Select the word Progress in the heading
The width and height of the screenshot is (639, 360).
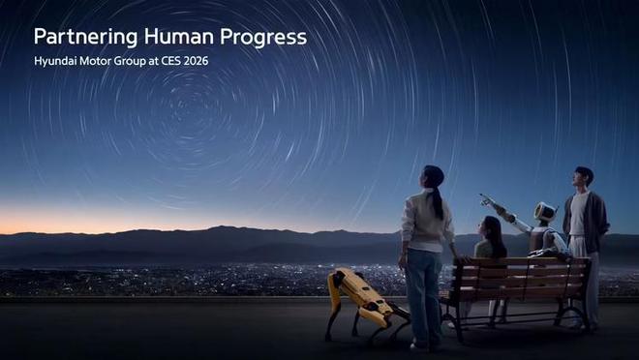click(x=264, y=38)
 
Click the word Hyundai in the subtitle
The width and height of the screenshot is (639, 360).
click(x=57, y=61)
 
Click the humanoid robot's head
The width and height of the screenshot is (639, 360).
click(x=544, y=212)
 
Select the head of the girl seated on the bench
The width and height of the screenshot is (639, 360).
click(x=492, y=228)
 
